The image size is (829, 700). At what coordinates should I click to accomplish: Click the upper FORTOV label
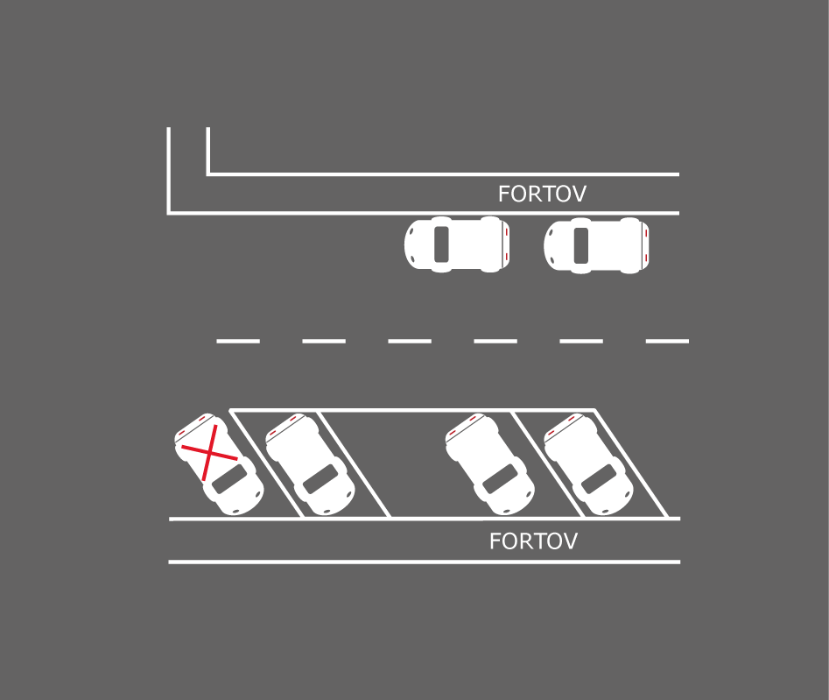[542, 194]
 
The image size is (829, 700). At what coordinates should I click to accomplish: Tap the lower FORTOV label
[533, 541]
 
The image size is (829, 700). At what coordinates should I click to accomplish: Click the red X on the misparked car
[209, 452]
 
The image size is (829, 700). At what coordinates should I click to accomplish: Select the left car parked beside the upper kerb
[457, 244]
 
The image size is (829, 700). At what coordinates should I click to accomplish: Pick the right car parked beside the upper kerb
[596, 245]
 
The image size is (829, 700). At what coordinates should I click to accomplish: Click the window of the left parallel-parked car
[441, 244]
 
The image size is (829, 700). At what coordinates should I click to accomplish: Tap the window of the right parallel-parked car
[581, 245]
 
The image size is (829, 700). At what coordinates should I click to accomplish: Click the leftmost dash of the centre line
[238, 342]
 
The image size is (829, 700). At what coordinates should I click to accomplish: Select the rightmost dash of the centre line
[667, 342]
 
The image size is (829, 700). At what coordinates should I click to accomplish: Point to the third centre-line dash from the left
[410, 342]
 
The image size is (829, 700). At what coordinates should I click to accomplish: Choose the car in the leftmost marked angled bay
[311, 464]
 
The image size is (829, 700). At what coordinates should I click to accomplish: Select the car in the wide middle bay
[490, 464]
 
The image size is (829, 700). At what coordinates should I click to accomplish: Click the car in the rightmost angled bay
[588, 464]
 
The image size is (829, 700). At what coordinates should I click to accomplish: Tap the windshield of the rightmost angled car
[599, 479]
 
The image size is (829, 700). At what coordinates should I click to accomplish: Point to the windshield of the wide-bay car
[501, 479]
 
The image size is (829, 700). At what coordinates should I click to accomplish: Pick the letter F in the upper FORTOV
[504, 194]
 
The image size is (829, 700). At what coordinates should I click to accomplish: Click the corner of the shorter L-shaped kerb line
[208, 173]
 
